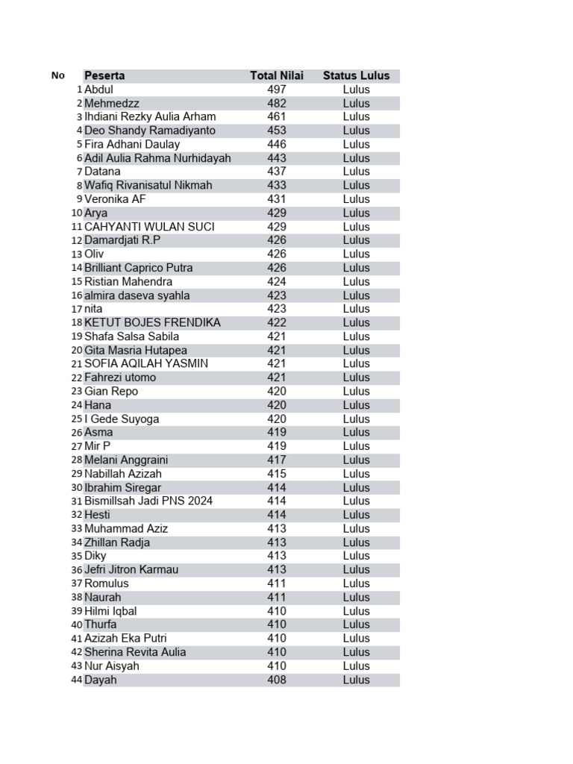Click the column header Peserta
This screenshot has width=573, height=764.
click(104, 75)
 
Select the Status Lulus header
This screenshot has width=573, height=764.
click(356, 75)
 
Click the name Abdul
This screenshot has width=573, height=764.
click(98, 90)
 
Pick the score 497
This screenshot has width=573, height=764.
click(277, 90)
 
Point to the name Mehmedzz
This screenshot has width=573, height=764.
click(112, 103)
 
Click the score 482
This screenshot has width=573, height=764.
click(277, 103)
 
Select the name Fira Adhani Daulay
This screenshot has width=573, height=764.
click(132, 144)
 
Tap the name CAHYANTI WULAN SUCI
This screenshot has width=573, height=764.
click(149, 227)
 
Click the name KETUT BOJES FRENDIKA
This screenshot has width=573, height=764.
click(152, 322)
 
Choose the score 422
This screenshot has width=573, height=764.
click(277, 322)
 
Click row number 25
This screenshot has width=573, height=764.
click(77, 419)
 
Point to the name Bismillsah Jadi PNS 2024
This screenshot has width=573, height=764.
click(148, 501)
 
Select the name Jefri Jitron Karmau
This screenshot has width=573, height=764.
click(131, 569)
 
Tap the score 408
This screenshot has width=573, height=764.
click(277, 680)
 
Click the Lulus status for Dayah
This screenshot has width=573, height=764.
click(356, 680)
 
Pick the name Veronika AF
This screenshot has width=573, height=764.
click(115, 199)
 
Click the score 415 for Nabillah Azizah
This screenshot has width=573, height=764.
click(277, 474)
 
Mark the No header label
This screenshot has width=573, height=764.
click(58, 75)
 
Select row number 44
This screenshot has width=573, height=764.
click(77, 680)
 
